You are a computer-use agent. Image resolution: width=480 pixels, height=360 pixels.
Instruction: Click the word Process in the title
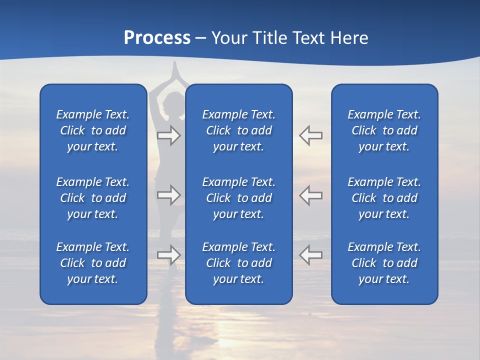157,38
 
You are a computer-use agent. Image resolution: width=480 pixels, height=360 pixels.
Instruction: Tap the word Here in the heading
349,38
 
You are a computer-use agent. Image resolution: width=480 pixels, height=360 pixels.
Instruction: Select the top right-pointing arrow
168,135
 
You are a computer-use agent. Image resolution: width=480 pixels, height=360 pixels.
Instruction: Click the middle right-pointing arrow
168,195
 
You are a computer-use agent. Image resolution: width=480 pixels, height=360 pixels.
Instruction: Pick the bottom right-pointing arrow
168,254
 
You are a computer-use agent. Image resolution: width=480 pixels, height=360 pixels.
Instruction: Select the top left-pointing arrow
310,135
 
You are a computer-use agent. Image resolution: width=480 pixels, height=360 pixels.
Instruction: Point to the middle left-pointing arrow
310,195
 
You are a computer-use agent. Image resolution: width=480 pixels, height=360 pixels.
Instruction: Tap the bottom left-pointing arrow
310,254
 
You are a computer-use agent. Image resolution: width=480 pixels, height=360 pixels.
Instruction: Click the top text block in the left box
93,130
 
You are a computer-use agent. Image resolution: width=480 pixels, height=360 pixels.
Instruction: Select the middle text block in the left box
93,198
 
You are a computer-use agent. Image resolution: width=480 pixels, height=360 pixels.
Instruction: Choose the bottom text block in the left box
93,263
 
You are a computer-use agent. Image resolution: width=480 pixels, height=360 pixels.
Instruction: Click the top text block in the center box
238,130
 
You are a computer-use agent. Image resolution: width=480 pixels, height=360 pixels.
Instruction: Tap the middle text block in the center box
238,198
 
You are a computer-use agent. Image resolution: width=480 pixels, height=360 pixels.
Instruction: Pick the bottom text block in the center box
238,263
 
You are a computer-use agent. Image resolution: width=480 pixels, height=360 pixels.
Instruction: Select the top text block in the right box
384,130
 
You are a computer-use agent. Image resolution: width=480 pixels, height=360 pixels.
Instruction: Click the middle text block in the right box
384,198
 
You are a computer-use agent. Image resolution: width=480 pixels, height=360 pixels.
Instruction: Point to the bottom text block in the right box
384,263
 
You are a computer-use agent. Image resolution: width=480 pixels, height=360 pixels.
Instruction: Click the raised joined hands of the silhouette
174,70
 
